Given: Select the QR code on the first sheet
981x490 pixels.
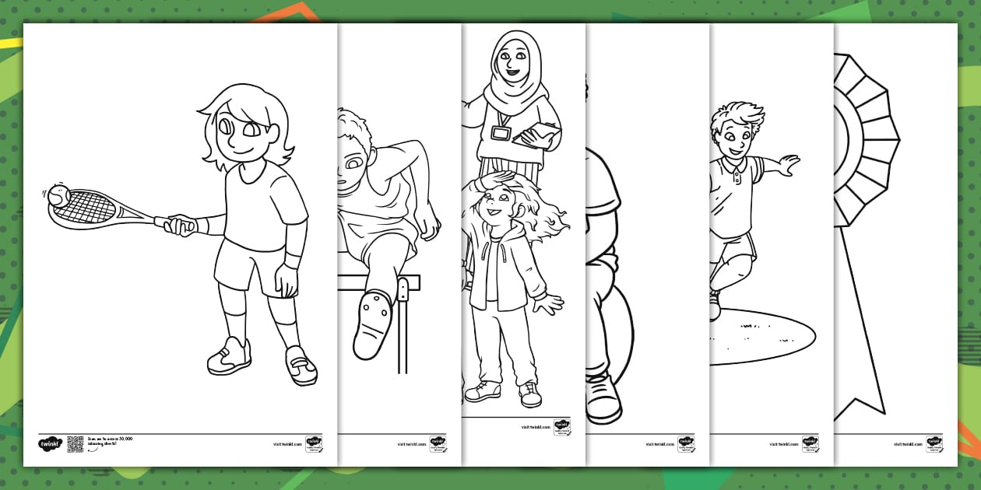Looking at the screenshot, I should [76, 444].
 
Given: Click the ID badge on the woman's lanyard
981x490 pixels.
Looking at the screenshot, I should [500, 133].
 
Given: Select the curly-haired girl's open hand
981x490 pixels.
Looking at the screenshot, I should [550, 303].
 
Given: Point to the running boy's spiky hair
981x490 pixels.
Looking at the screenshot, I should [737, 115].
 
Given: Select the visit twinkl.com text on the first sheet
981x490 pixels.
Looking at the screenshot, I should [287, 444].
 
